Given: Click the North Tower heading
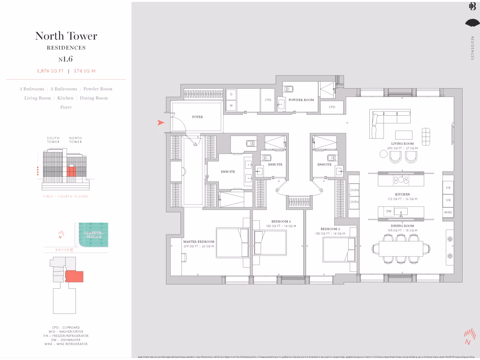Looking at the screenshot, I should pos(66,36).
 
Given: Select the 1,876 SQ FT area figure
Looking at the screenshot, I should pos(50,71).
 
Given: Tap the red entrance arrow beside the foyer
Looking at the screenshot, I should pos(161,123).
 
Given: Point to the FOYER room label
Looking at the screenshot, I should pos(197,117).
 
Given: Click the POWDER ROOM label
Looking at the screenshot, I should pos(301,100).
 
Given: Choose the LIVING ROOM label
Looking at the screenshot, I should pos(402,143).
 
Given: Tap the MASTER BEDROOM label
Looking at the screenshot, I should pos(198,242).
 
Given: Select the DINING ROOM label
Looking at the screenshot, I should pos(402,226).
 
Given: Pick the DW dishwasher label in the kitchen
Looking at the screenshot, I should pos(389,211).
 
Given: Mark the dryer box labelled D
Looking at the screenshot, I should pos(231,94).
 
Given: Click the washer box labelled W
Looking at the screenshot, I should pos(231,106).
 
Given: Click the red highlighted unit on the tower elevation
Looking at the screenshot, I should pos(70,170).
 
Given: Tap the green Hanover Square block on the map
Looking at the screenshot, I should pos(94,232).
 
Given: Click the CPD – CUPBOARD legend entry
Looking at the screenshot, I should pos(66,327).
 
